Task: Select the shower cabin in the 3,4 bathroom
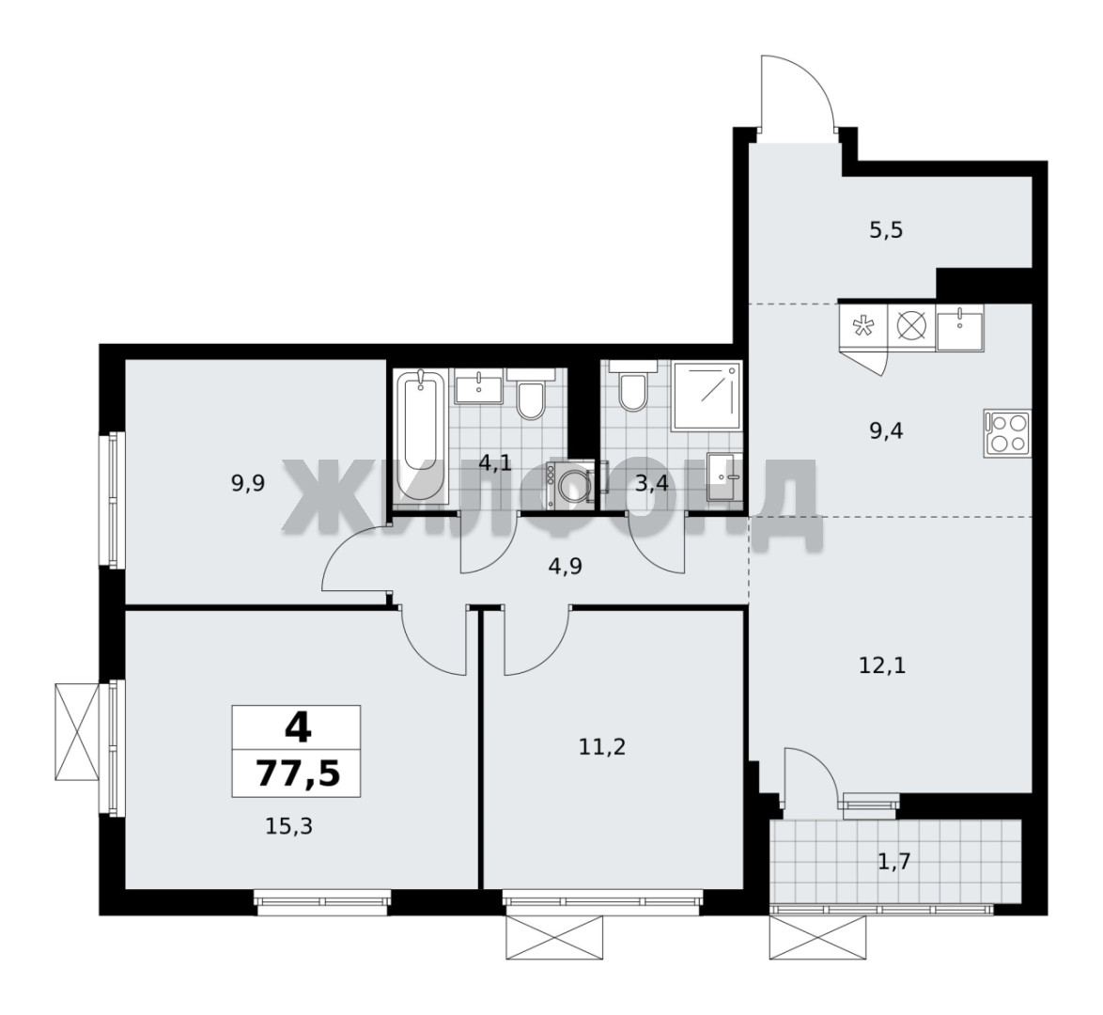[707, 396]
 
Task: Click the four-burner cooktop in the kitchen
[1006, 432]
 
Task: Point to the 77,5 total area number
[297, 773]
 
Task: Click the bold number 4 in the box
[298, 727]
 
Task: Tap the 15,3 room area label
[288, 826]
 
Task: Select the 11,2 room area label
[602, 747]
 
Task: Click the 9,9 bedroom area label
[248, 484]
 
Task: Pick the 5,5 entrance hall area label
[886, 230]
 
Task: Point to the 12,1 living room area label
[882, 665]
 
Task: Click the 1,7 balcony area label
[894, 861]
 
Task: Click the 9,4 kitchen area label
[886, 430]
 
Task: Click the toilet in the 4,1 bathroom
[531, 393]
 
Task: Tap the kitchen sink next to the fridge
[959, 327]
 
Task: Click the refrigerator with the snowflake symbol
[863, 327]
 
